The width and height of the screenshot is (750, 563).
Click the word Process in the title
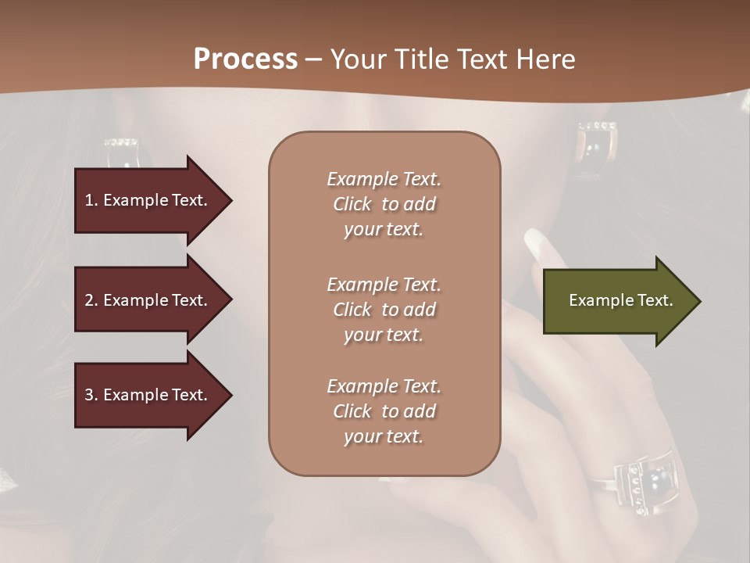point(245,59)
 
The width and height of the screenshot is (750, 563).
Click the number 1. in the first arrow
point(91,200)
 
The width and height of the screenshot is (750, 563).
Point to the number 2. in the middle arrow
point(91,300)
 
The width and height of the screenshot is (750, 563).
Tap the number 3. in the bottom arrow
point(91,395)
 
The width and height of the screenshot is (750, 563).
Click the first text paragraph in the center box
point(384,204)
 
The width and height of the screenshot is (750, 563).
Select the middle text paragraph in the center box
point(384,310)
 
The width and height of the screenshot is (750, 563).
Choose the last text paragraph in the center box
point(384,411)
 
